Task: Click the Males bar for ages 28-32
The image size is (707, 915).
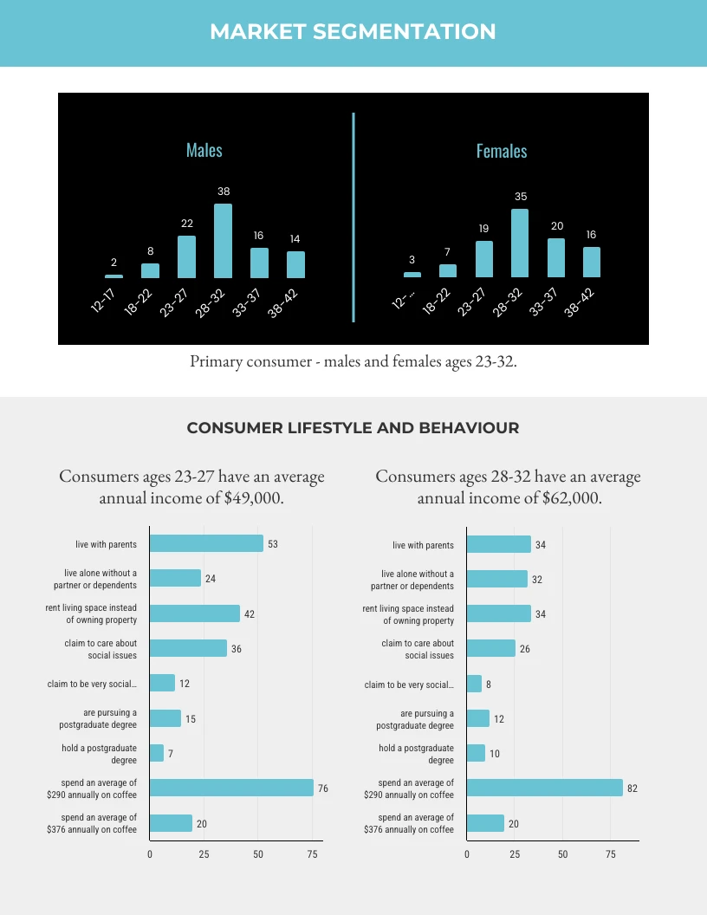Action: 223,241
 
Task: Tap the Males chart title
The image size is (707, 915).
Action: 204,150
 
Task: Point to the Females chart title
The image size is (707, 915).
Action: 502,151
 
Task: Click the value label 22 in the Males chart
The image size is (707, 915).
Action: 187,223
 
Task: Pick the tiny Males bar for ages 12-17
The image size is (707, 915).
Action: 114,276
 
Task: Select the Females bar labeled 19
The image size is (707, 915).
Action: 484,258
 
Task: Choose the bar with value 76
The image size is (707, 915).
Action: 231,788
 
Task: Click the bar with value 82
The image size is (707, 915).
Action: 544,788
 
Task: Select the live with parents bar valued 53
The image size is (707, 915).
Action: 206,543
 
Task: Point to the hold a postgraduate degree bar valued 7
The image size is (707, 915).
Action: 157,753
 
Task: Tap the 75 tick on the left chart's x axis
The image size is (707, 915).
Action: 313,854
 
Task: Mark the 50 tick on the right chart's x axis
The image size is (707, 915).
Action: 562,854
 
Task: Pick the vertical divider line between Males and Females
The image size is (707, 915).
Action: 353,217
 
